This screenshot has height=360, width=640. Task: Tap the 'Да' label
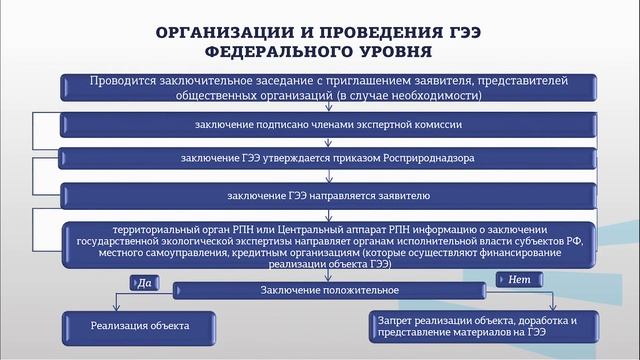[144, 283]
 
